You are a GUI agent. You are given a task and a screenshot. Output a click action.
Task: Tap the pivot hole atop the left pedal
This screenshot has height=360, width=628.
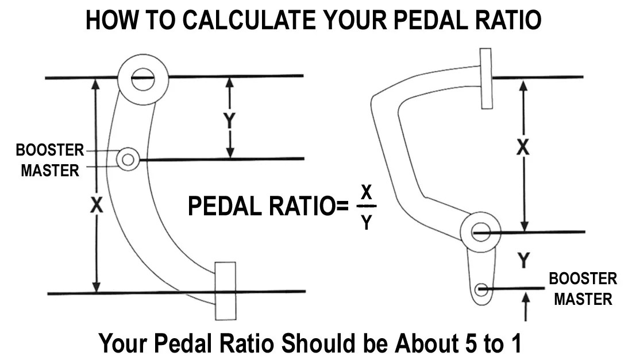142,79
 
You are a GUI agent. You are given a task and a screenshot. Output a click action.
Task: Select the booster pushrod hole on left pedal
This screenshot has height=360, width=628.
128,158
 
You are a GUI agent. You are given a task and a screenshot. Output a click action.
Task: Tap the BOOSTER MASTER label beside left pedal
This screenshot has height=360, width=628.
49,160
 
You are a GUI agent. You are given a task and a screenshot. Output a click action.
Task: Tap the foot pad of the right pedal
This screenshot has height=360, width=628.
486,79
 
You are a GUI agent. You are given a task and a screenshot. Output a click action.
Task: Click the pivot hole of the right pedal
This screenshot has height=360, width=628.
480,233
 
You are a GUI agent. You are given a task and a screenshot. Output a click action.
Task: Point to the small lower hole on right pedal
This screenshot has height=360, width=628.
481,290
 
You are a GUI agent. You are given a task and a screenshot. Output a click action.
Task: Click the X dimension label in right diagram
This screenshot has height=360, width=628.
522,148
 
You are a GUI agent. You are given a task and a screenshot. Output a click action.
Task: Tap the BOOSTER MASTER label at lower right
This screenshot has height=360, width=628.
583,289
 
